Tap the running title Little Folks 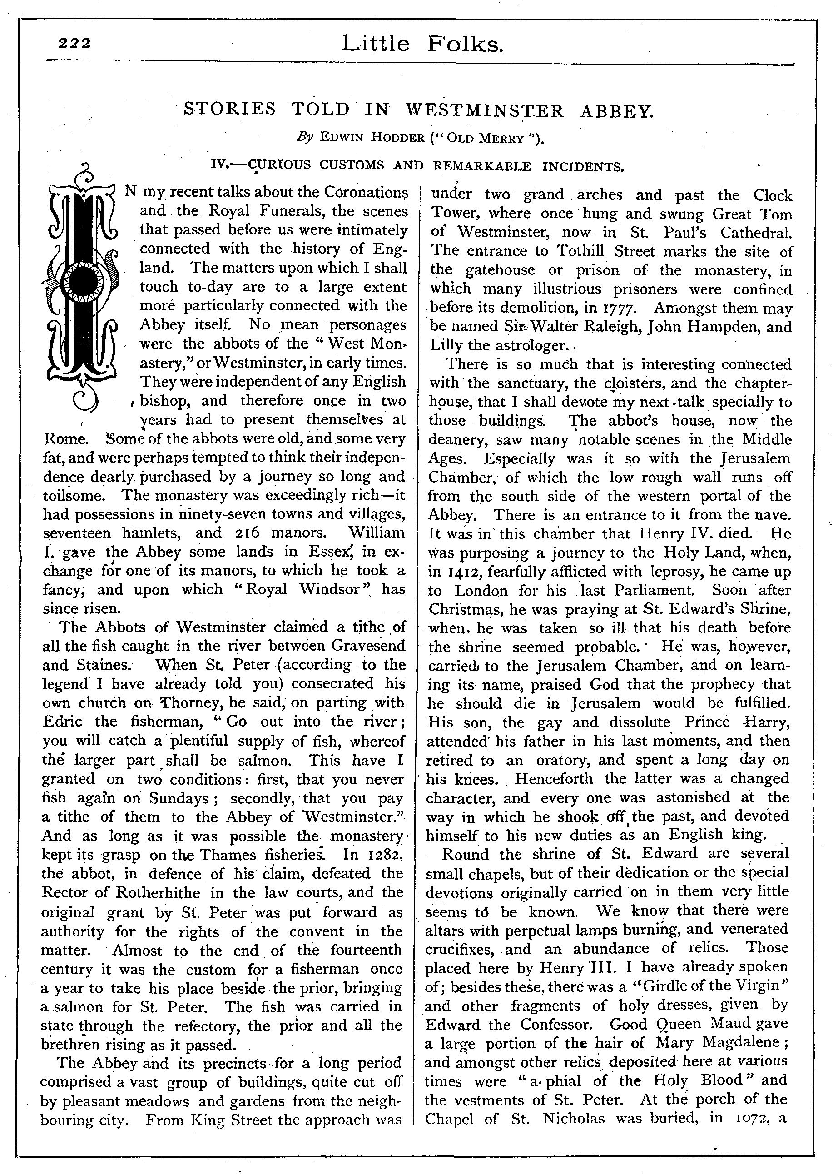point(421,45)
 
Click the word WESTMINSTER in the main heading point(486,110)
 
